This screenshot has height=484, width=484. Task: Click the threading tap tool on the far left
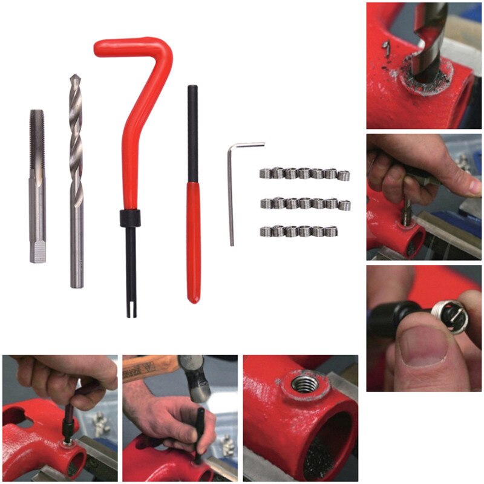coord(37,181)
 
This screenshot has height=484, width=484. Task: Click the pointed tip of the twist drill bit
coord(74,78)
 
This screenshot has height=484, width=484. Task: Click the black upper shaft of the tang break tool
coord(192,133)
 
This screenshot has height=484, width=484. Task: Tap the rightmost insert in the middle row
coord(344,204)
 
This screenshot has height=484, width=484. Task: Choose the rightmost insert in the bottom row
coord(330,231)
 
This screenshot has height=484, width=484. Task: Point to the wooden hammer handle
coord(145,367)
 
